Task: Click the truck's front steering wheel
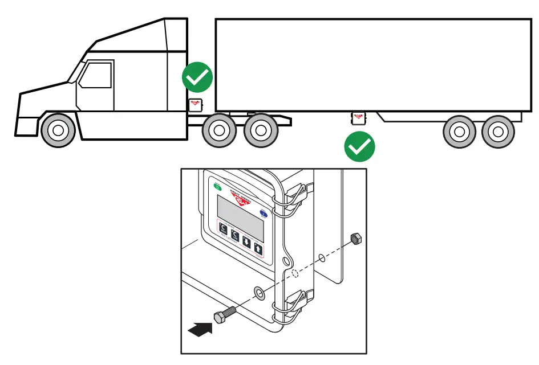point(58,130)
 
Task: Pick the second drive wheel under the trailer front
point(261,130)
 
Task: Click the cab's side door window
point(95,75)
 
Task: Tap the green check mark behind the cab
point(197,77)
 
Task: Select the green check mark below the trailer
point(360,147)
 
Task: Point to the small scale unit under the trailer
point(358,117)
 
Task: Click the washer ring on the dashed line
point(260,293)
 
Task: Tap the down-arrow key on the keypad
point(246,241)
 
